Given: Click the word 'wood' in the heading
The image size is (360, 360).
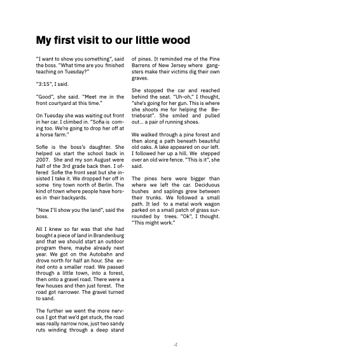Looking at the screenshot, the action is point(174,41).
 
